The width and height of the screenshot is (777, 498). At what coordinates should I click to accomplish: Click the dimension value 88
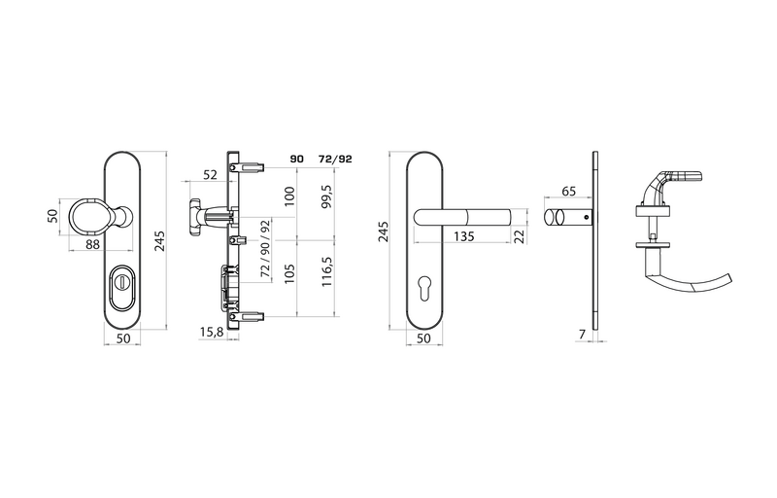point(92,244)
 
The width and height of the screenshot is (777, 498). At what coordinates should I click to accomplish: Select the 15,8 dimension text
point(211,333)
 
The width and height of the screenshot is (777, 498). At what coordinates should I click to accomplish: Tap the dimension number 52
point(210,175)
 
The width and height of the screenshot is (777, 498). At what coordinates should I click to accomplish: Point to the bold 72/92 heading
point(335,160)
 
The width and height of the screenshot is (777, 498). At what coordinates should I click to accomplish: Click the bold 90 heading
point(296,160)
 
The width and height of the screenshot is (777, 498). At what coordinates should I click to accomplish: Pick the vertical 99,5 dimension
point(326,196)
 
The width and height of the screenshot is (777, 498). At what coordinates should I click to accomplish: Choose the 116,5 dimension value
point(326,271)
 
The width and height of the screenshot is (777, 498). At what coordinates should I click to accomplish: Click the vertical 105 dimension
point(289,273)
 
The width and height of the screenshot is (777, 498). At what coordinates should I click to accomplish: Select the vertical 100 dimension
point(289,196)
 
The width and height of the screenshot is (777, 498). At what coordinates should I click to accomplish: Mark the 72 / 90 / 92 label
point(265,248)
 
